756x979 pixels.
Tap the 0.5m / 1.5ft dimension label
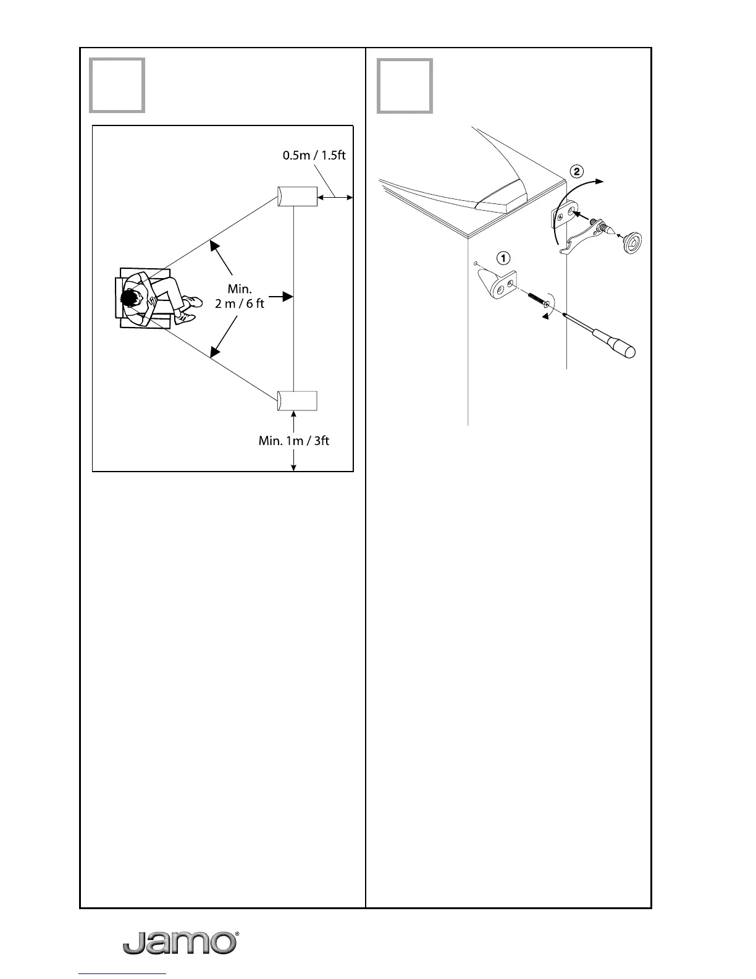point(314,155)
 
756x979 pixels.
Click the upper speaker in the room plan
point(297,197)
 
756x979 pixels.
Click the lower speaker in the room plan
point(297,401)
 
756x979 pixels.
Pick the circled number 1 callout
point(504,256)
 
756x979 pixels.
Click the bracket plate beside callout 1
point(502,284)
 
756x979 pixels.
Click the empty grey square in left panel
point(117,85)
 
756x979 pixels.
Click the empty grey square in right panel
point(405,85)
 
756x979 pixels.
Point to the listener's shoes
point(189,309)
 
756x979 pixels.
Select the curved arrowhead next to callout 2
point(599,180)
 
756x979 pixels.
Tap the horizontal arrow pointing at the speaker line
point(281,297)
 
